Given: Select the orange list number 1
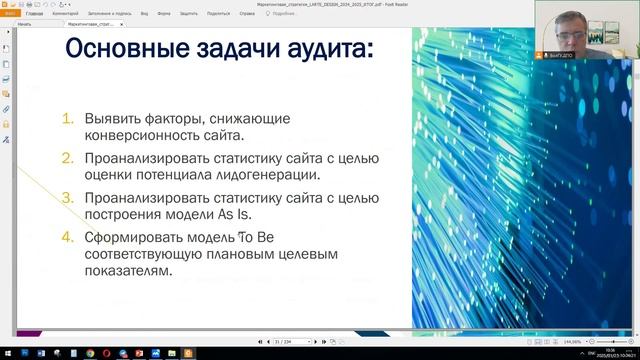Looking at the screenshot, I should pos(67,118).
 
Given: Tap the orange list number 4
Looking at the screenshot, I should pos(67,238).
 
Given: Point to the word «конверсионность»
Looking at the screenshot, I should pos(136,135).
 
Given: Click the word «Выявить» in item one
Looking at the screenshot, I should pos(112,118).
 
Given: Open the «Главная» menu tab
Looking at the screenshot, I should pos(34,15).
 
